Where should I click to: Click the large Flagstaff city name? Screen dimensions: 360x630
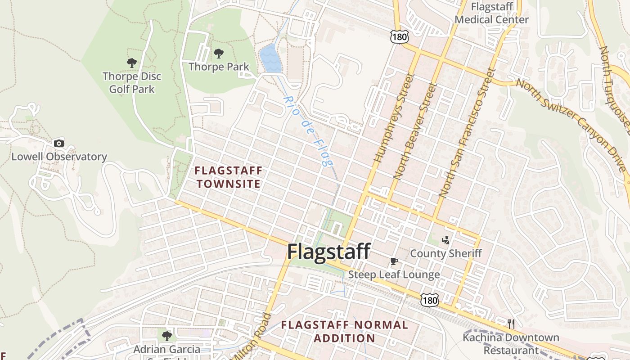[x=328, y=251]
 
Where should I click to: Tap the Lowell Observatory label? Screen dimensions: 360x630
[x=59, y=157]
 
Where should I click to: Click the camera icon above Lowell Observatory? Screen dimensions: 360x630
[x=58, y=144]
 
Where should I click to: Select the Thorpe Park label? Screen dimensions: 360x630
[x=219, y=67]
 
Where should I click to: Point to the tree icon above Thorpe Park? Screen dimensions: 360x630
[x=219, y=54]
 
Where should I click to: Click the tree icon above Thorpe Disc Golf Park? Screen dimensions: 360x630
[x=132, y=63]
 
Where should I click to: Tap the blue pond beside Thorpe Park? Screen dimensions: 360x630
[x=270, y=59]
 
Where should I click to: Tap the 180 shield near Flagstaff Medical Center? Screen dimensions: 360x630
[x=399, y=36]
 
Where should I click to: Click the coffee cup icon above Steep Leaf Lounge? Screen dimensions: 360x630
[x=394, y=261]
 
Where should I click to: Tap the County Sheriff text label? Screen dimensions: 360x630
[x=445, y=253]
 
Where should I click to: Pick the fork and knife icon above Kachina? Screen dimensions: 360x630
[x=511, y=324]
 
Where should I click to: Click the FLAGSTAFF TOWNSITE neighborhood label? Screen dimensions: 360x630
[x=228, y=177]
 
